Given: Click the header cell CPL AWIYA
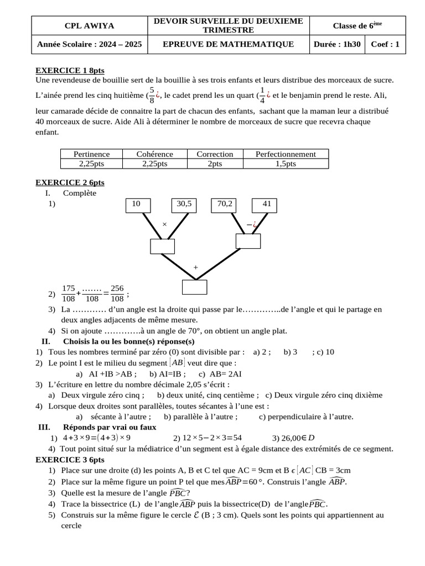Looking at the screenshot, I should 89,25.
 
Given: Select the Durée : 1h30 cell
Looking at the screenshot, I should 336,44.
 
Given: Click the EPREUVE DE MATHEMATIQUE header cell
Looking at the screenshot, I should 229,44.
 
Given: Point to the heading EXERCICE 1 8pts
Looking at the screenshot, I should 70,71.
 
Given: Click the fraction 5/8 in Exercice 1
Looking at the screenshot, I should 152,95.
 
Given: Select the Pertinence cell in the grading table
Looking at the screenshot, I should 91,154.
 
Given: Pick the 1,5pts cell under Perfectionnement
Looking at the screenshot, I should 286,164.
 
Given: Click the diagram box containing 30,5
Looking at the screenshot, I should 184,205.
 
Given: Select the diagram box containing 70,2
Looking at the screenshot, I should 225,205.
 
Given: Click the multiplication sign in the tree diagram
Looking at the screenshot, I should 164,224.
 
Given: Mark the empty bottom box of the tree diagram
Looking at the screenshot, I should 194,287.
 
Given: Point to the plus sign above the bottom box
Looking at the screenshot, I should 195,267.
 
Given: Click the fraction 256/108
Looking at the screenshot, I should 117,294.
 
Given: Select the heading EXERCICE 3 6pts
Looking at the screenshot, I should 70,459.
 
